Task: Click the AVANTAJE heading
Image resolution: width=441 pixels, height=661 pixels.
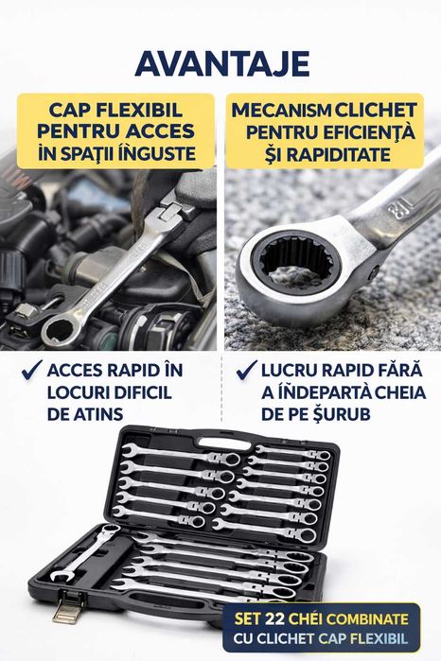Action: coord(220,62)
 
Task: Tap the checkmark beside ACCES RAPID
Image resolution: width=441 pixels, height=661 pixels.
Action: coord(30,370)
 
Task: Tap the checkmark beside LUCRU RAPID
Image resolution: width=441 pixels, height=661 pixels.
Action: coord(247,370)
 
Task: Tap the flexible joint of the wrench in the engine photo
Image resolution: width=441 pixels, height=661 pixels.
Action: coord(173,210)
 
